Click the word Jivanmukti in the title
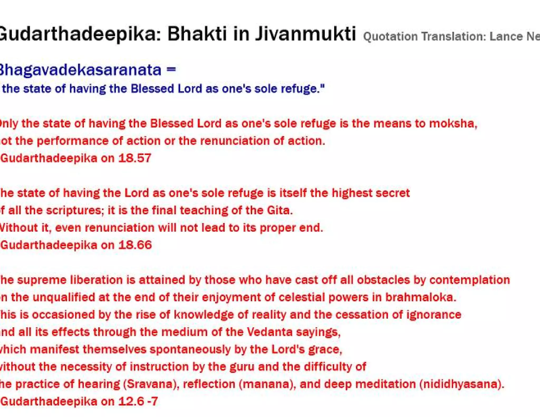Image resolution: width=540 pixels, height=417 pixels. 305,34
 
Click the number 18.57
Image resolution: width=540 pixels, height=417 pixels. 134,158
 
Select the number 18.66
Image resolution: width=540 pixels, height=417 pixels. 135,245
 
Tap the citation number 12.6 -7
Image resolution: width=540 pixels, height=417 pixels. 138,401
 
